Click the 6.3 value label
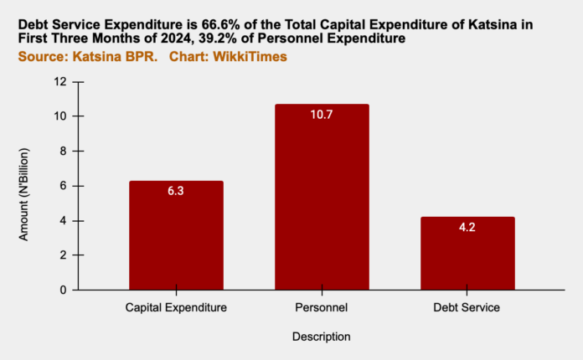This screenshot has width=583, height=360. (176, 192)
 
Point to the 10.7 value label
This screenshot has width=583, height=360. (322, 115)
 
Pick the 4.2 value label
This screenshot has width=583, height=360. (467, 228)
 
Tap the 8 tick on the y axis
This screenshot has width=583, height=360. (61, 151)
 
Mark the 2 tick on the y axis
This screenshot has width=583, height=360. (61, 255)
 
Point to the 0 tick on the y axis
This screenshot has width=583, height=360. (61, 290)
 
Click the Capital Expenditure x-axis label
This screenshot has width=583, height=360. (176, 308)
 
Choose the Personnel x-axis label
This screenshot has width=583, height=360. (322, 308)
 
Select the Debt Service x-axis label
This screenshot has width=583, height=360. (467, 308)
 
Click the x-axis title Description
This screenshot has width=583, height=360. (322, 337)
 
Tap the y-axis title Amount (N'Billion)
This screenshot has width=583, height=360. (24, 186)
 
